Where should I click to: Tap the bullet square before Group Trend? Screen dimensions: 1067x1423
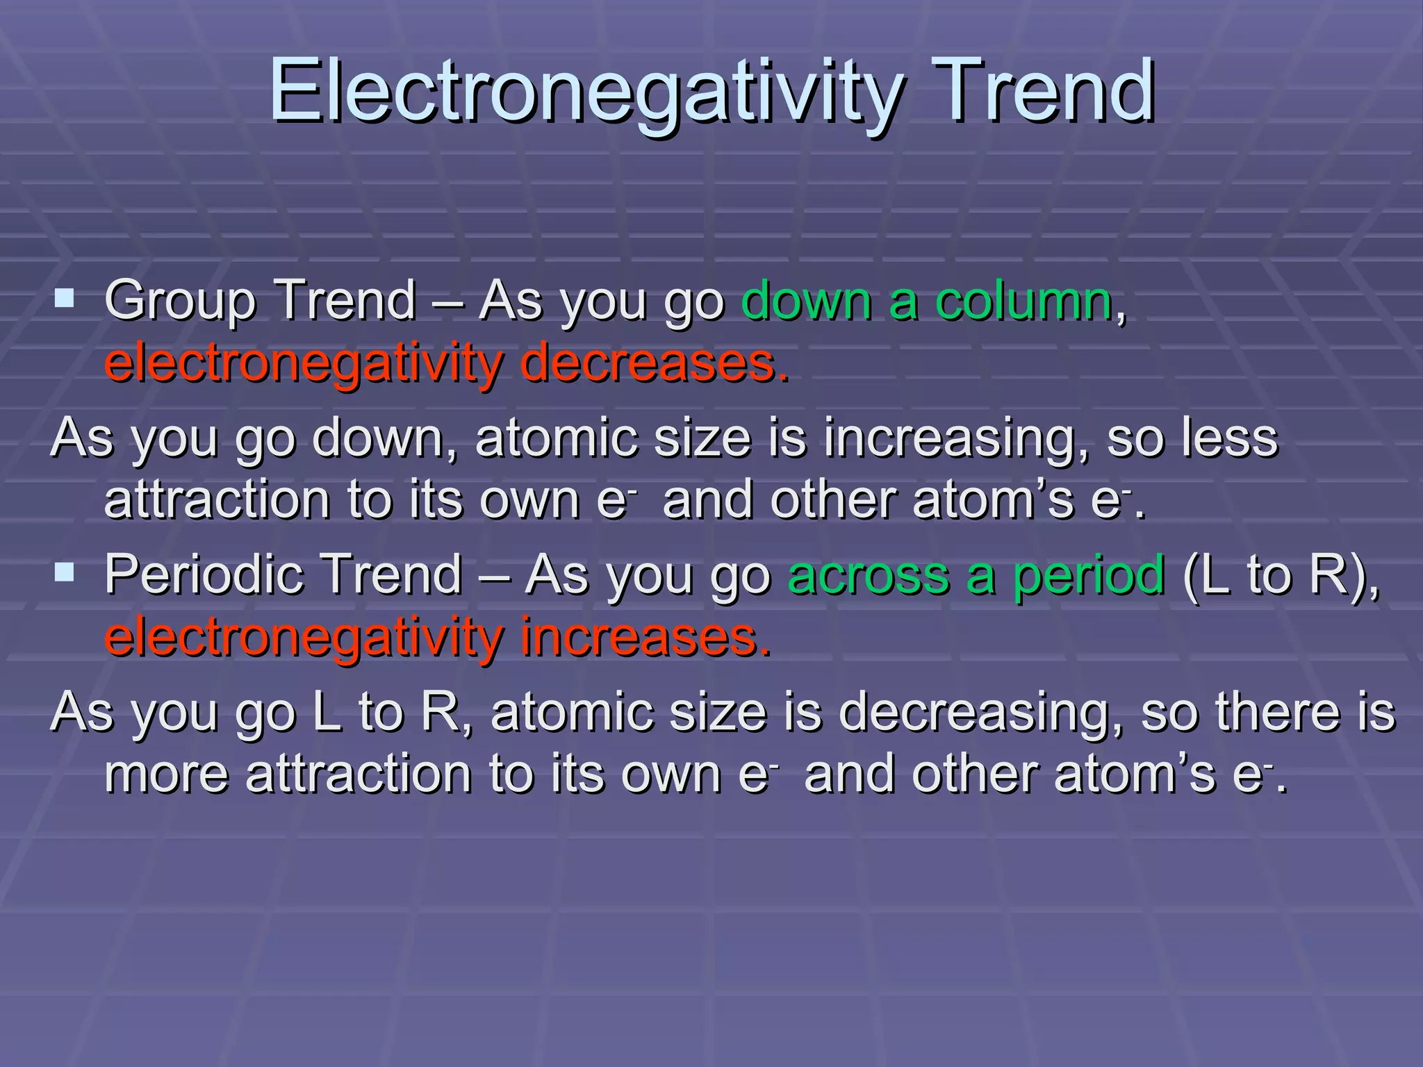click(65, 299)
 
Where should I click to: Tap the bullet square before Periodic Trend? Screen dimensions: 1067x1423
click(65, 572)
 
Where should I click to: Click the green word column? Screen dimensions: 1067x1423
click(1023, 301)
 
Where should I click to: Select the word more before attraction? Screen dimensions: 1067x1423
click(166, 775)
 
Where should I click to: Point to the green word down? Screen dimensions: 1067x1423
click(806, 301)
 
